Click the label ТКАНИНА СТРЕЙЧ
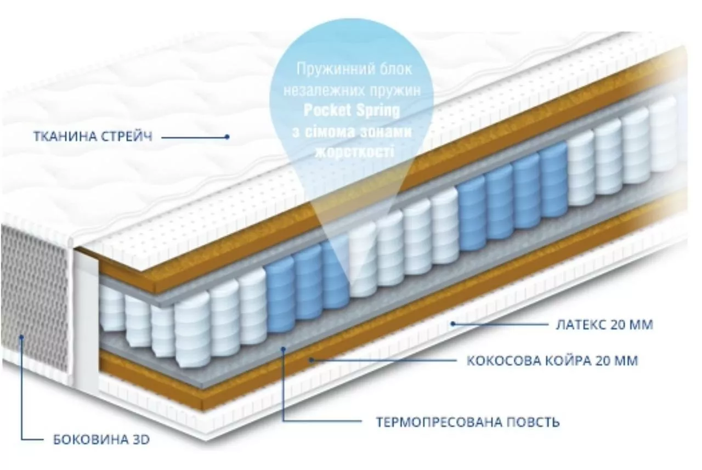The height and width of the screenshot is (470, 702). click(x=93, y=137)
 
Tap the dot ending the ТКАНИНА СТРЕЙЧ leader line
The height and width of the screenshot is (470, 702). click(x=228, y=137)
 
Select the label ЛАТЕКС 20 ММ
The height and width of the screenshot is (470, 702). click(x=604, y=325)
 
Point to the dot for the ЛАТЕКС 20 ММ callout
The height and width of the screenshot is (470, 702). click(x=453, y=324)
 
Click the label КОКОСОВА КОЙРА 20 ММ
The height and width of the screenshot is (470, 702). click(x=552, y=361)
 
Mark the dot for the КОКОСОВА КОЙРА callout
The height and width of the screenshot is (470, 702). click(x=312, y=360)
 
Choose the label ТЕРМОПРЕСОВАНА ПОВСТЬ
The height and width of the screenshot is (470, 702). click(x=468, y=422)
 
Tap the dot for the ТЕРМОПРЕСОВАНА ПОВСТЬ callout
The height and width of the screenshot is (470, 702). click(x=284, y=349)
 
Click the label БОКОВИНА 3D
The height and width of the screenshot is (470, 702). click(x=101, y=440)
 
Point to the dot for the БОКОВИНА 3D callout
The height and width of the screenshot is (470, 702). click(x=21, y=337)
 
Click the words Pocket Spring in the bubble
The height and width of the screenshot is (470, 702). click(x=352, y=111)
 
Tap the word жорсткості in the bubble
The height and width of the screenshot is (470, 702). click(x=354, y=152)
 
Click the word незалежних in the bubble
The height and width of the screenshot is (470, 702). click(x=324, y=91)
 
